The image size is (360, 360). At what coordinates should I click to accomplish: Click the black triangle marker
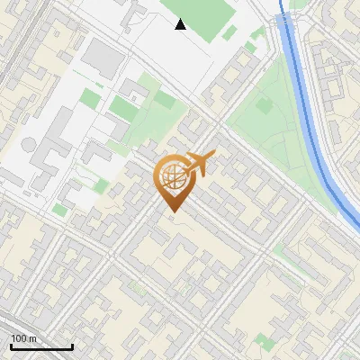[x=181, y=24]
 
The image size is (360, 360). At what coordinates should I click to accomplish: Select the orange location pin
[x=173, y=181]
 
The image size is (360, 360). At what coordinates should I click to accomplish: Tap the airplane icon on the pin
[x=200, y=164]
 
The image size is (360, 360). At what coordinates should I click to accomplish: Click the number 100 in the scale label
[x=17, y=338]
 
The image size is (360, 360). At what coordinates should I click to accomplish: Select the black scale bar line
[x=41, y=347]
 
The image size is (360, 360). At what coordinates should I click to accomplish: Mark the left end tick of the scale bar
[x=11, y=346]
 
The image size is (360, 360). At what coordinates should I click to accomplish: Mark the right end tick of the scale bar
[x=72, y=346]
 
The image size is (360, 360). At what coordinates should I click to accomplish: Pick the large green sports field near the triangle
[x=202, y=13]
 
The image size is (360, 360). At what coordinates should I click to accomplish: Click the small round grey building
[x=30, y=144]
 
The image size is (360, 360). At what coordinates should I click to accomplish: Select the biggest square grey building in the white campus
[x=103, y=58]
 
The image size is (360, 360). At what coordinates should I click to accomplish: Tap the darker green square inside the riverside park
[x=264, y=105]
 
